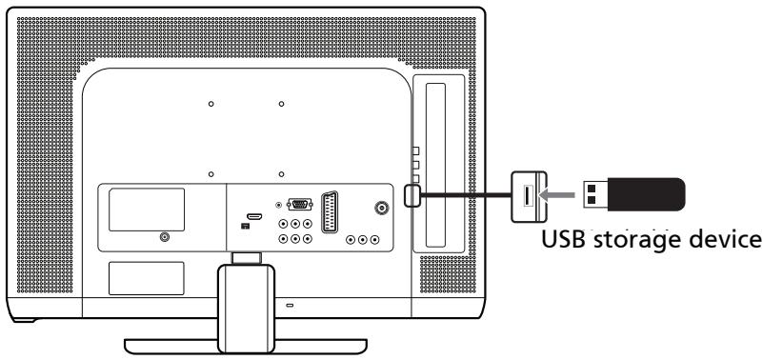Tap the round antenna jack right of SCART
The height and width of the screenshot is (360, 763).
[x=382, y=210]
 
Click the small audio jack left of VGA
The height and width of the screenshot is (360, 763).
[x=278, y=204]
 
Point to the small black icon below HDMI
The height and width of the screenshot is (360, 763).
[x=245, y=226]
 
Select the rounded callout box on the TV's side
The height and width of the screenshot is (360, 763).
[x=411, y=194]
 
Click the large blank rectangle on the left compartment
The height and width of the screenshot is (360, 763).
[x=146, y=209]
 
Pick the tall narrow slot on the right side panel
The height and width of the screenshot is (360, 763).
[x=439, y=162]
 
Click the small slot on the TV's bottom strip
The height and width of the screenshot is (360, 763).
[x=290, y=306]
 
